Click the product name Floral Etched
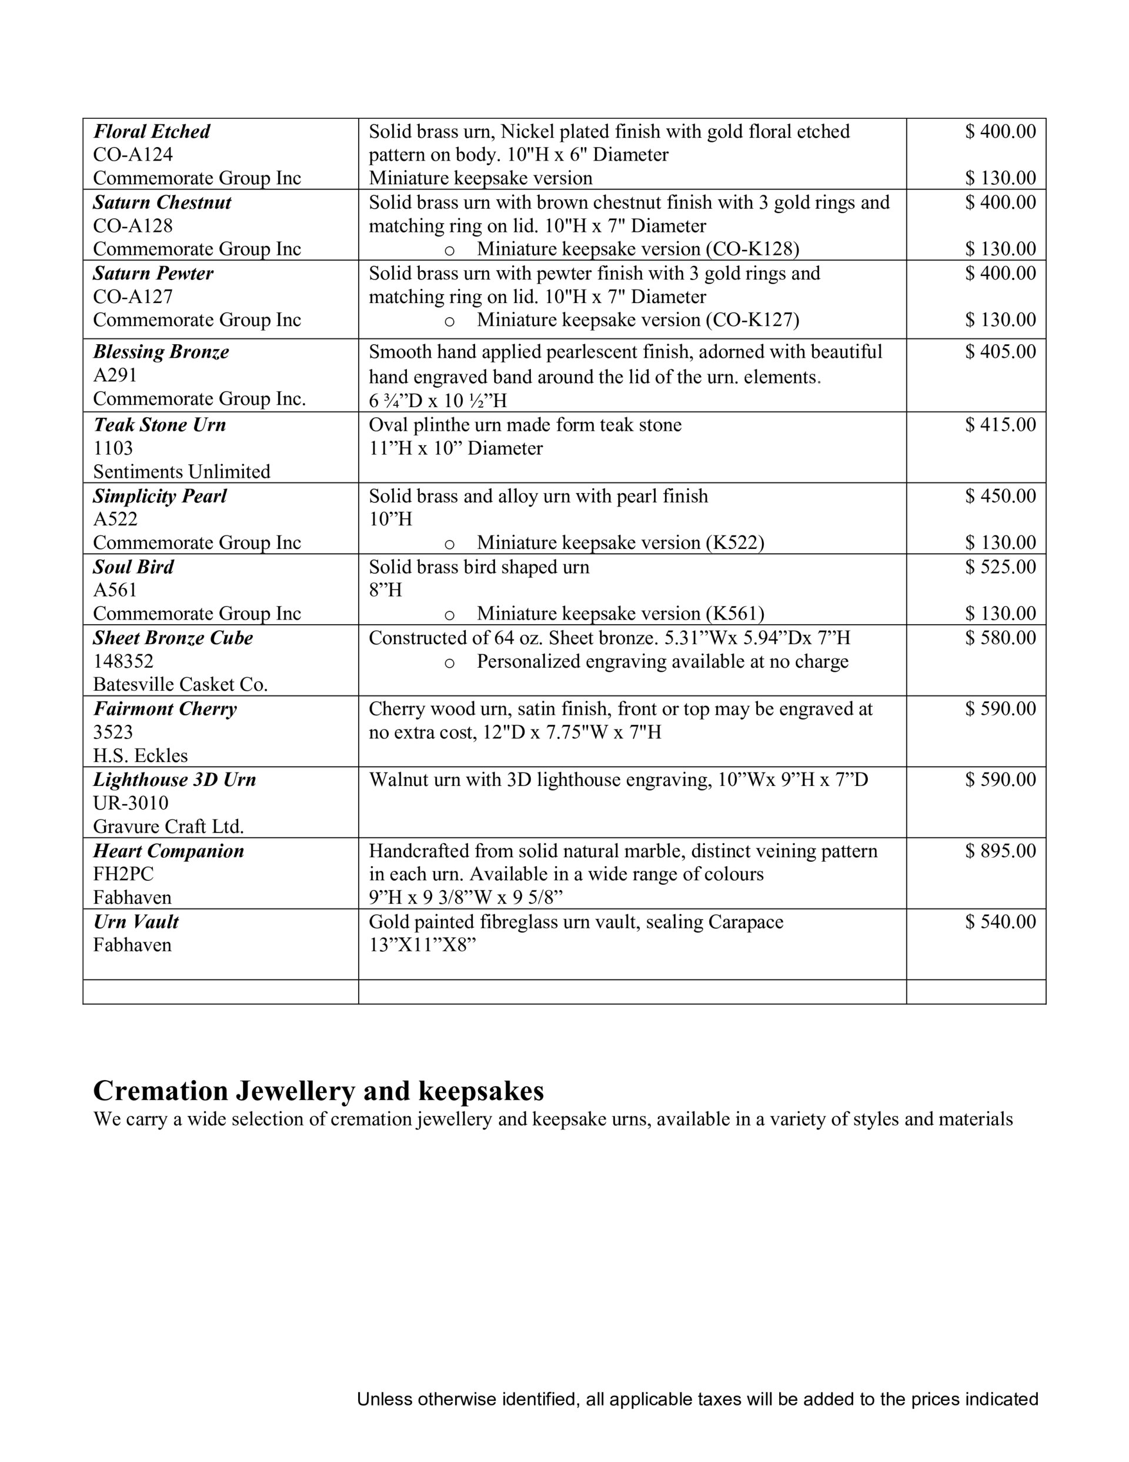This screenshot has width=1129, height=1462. pos(151,131)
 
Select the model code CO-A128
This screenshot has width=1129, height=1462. pos(132,225)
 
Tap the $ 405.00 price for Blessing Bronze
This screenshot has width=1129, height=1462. pos(1000,351)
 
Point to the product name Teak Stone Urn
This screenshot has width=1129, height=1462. pos(159,424)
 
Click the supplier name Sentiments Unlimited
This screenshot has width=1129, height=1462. pos(181,471)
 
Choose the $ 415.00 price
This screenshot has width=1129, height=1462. pos(1000,424)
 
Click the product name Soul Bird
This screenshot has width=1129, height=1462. pos(133,567)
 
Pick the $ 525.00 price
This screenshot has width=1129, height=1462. pos(1000,567)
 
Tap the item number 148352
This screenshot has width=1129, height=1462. pos(123,661)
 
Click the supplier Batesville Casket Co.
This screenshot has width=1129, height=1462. pos(180,684)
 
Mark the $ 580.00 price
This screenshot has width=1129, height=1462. pos(1000,638)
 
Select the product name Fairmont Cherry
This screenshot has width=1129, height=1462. pos(165,709)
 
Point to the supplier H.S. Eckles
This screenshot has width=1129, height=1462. pos(141,755)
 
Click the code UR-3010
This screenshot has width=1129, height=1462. pos(131,802)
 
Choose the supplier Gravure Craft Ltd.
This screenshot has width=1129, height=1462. pos(168,827)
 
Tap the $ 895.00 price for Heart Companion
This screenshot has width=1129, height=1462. pos(1000,851)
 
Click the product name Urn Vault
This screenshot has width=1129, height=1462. pos(136,922)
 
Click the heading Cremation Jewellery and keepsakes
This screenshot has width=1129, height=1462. pos(318,1091)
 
